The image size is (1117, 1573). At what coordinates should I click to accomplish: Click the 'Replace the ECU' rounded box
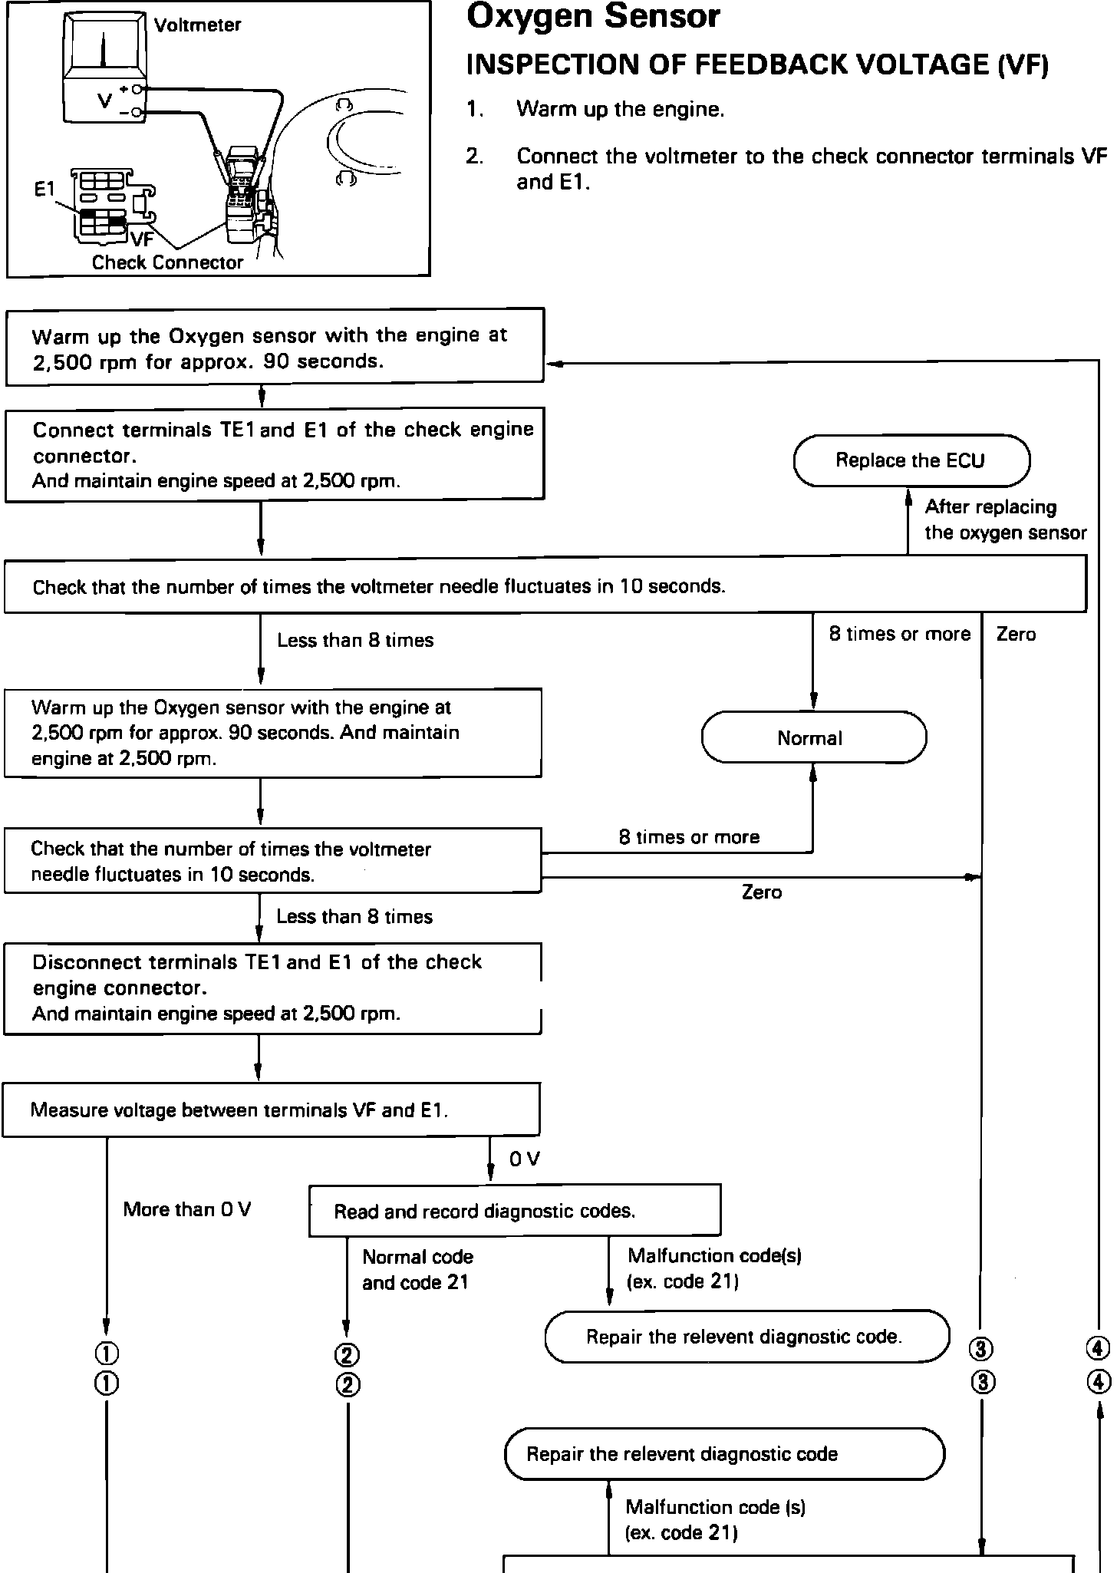(911, 460)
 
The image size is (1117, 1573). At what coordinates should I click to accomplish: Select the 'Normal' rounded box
(814, 737)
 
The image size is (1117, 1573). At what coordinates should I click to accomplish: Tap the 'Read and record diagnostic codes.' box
(515, 1211)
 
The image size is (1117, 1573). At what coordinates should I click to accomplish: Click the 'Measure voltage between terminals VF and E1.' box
(272, 1110)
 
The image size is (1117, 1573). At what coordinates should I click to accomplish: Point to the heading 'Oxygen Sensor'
(593, 16)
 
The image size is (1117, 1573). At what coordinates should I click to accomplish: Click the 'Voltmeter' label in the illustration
(197, 25)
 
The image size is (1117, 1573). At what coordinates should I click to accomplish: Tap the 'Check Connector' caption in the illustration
(167, 262)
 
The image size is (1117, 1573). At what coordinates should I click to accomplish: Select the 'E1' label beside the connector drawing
(44, 189)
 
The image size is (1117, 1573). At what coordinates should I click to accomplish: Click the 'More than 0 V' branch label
(187, 1209)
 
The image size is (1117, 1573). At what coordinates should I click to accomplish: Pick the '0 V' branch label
(525, 1159)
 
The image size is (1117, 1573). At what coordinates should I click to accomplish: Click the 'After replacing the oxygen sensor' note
(1006, 519)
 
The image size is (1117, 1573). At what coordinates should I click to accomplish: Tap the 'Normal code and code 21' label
(417, 1269)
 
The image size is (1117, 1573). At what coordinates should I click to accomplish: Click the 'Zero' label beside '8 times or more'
(1016, 634)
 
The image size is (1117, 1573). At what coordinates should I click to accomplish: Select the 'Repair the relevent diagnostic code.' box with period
(747, 1336)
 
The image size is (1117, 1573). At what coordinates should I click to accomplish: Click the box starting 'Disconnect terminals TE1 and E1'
(272, 988)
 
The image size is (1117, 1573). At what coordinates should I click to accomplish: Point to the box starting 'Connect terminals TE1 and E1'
(275, 455)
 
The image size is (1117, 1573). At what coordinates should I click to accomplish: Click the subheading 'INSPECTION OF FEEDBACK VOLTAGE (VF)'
(757, 65)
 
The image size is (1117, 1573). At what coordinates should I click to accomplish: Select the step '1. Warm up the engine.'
(595, 110)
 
